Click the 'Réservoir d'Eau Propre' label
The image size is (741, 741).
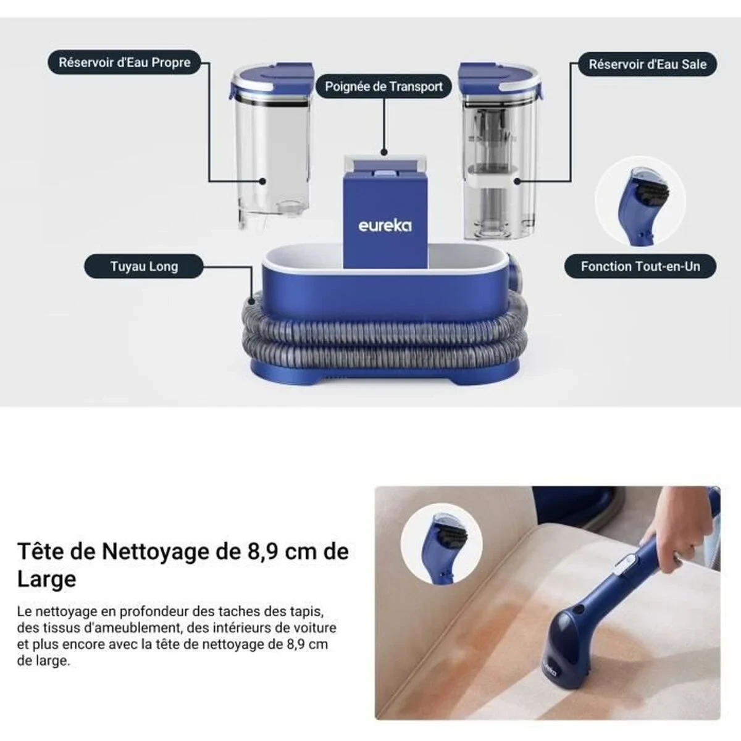pos(124,62)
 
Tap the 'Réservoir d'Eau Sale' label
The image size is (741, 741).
pos(647,64)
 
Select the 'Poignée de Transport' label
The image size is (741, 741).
pos(383,86)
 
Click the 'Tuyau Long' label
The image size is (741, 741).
pos(144,267)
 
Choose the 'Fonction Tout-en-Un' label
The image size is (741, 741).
pos(640,267)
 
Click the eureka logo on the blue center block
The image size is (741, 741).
pos(385,225)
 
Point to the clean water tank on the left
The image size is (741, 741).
pos(271,154)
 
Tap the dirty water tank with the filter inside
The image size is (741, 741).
pos(500,161)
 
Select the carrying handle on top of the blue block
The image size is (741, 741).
pos(383,164)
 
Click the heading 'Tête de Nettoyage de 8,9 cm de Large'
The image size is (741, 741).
pos(183,564)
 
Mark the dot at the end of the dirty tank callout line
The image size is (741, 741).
pos(517,182)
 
